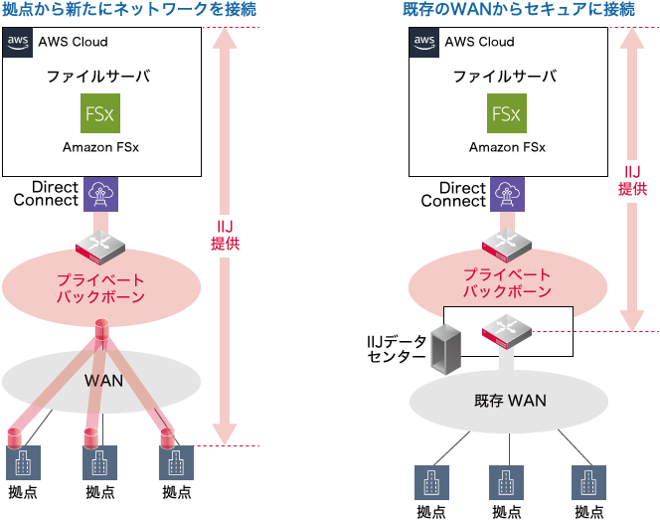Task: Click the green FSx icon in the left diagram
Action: click(100, 113)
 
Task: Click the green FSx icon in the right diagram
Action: click(507, 113)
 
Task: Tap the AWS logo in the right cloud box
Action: click(425, 43)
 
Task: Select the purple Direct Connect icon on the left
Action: click(100, 194)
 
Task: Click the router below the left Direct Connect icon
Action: click(100, 240)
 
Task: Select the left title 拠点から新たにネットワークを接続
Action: click(129, 11)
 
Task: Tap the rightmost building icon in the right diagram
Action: click(587, 481)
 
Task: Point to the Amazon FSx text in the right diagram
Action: click(507, 147)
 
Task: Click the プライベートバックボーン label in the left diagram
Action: click(100, 286)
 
